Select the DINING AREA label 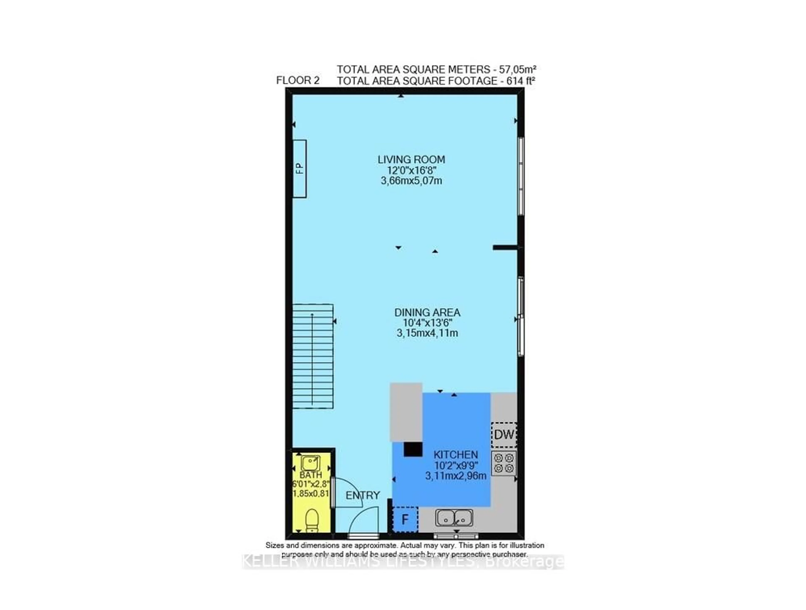(x=427, y=312)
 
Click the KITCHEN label (x=455, y=455)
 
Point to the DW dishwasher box (x=504, y=435)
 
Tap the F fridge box (x=405, y=519)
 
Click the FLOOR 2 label (x=298, y=80)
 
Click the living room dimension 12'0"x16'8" (x=411, y=170)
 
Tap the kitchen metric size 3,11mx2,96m (x=455, y=476)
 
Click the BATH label (x=310, y=475)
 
